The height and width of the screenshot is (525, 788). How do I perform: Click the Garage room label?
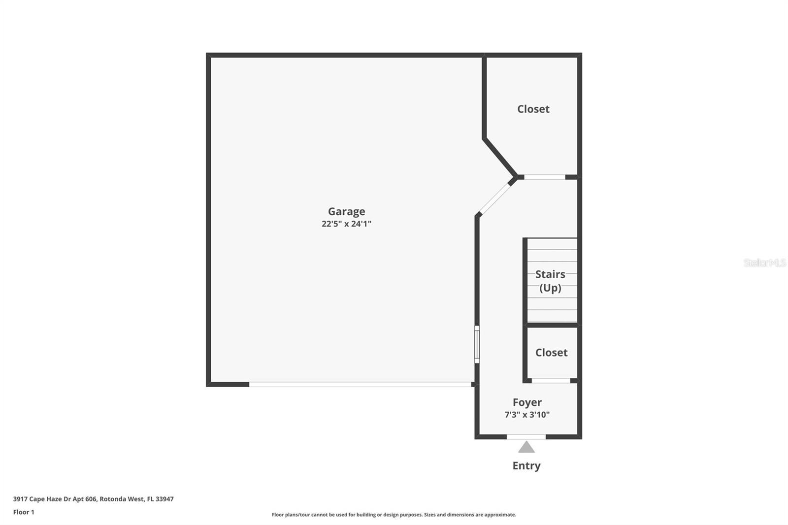[346, 211]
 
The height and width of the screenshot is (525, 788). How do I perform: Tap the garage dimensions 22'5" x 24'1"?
[346, 224]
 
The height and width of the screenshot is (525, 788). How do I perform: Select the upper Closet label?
[533, 109]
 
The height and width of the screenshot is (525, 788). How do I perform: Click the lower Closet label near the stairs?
[551, 353]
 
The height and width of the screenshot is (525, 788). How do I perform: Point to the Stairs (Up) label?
[550, 281]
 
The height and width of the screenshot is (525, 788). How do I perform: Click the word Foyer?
[527, 402]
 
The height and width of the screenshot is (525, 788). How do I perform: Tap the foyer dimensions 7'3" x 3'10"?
[527, 415]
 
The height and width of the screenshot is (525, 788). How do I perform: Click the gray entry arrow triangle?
[526, 448]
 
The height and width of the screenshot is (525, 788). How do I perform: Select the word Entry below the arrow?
[526, 465]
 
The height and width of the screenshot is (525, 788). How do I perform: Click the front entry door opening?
[526, 436]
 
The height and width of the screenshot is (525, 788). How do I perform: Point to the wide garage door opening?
[360, 384]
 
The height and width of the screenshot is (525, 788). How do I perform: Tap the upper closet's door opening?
[544, 177]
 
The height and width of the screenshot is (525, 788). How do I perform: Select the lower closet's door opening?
[551, 380]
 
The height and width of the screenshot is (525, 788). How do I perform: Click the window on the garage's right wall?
[477, 344]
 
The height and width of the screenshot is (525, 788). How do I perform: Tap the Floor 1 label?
[24, 512]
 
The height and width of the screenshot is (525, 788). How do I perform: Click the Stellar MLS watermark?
[764, 263]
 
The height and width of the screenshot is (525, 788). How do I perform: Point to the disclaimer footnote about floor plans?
[394, 515]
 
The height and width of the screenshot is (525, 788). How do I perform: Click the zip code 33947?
[164, 499]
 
